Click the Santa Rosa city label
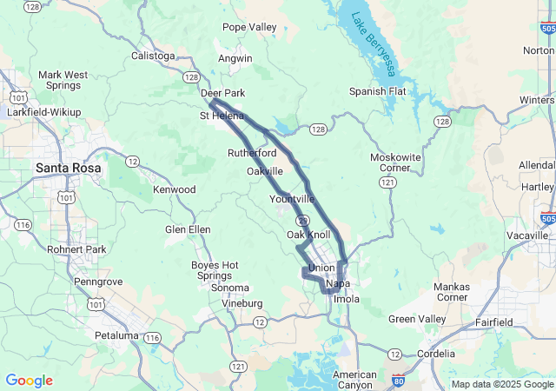68,167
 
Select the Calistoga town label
153,56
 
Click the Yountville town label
292,199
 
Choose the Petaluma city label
116,335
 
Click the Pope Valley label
249,27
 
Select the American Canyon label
354,380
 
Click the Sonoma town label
230,288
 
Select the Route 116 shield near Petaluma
153,337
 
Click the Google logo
29,381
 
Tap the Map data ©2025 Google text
501,384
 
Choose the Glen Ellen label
188,229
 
